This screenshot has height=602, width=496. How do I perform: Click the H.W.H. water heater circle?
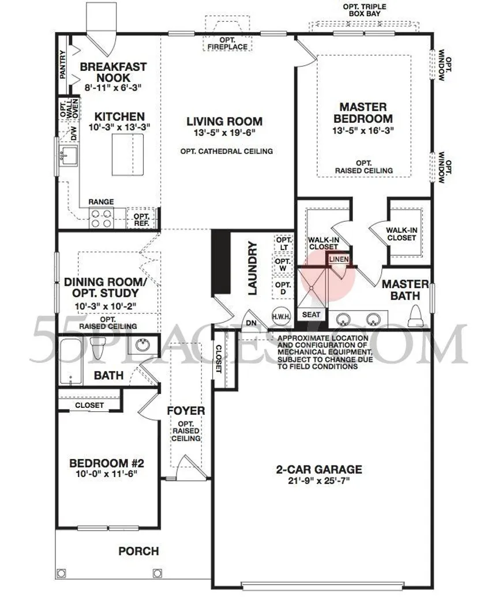click(281, 317)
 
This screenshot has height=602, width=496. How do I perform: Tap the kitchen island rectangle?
click(127, 154)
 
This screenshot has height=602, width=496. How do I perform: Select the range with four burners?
click(102, 218)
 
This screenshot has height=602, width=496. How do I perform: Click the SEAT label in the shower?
click(311, 315)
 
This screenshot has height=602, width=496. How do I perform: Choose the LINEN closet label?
click(339, 260)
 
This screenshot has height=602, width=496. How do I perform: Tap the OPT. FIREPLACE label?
click(228, 43)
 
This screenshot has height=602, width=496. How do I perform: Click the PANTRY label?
click(63, 65)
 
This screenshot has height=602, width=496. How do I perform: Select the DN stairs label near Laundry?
click(251, 323)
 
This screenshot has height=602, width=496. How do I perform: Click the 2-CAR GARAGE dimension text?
click(319, 480)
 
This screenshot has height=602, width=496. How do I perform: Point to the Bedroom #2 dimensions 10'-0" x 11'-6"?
click(107, 474)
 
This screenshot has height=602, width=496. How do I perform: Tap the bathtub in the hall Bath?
click(71, 361)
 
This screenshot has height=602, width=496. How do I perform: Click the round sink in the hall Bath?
click(142, 344)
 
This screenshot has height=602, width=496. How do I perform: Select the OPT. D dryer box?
click(283, 288)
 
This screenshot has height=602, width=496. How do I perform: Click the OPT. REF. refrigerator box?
click(141, 219)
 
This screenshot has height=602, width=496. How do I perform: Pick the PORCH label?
click(139, 551)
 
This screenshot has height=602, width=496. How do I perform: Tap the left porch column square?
click(61, 573)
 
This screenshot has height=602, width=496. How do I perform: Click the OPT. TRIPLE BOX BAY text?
click(365, 10)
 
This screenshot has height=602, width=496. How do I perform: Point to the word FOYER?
click(186, 411)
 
